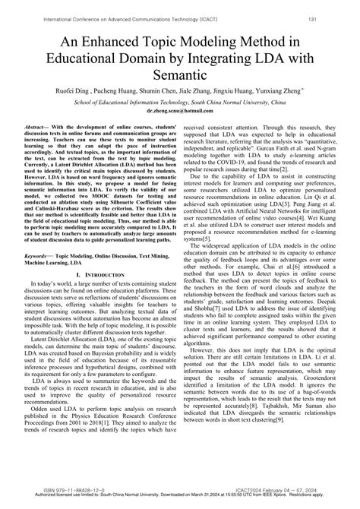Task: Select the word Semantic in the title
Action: point(179,74)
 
